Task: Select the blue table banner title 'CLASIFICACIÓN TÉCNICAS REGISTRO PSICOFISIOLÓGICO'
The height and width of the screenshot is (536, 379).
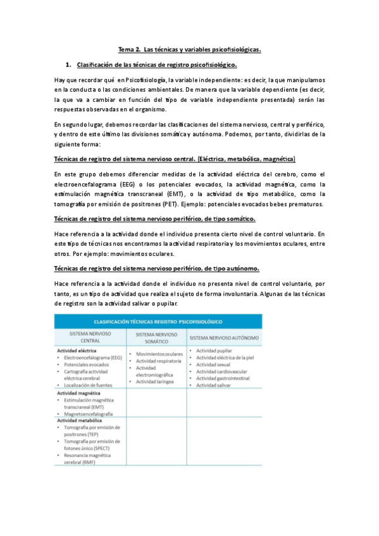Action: (152, 322)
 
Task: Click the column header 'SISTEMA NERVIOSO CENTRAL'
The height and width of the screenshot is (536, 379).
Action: (90, 338)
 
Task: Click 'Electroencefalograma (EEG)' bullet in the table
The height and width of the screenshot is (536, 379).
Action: (93, 358)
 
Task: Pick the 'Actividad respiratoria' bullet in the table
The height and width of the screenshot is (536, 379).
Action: (159, 361)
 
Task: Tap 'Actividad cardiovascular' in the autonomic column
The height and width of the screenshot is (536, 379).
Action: (223, 372)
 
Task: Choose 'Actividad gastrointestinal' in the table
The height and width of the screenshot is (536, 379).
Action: (225, 379)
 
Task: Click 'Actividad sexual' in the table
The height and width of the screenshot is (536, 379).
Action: (213, 365)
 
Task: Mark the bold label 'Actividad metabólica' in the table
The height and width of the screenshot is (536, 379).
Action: (79, 420)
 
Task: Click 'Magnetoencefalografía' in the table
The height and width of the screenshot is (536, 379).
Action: (88, 414)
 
